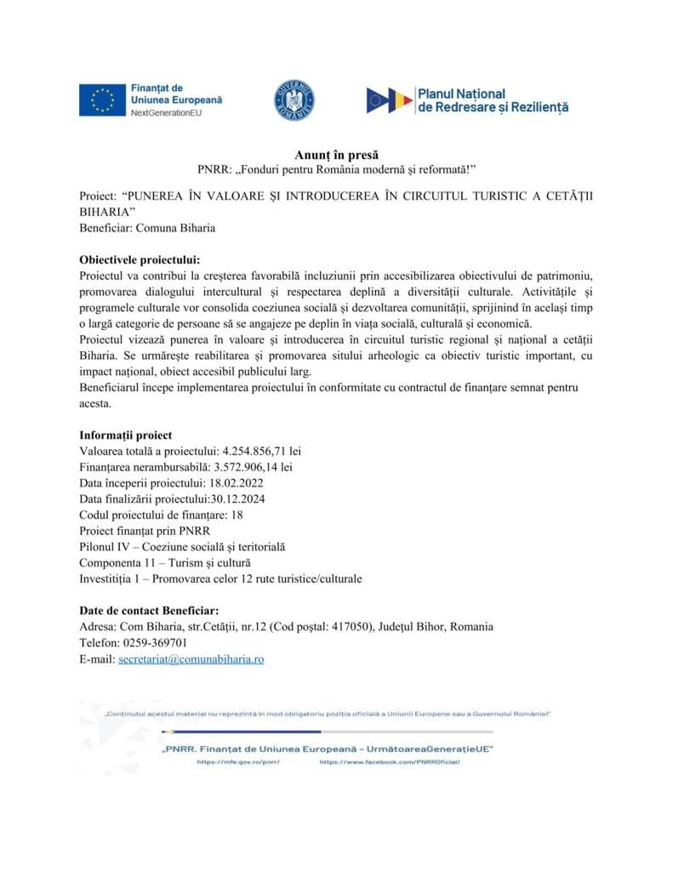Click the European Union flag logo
[x=102, y=100]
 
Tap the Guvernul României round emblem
[x=294, y=100]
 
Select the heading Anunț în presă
[x=335, y=156]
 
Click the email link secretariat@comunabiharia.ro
[x=191, y=659]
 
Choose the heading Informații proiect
[x=125, y=434]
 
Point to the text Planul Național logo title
[x=461, y=93]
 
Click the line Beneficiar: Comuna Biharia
[x=147, y=227]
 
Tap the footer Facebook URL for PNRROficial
[x=389, y=763]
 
